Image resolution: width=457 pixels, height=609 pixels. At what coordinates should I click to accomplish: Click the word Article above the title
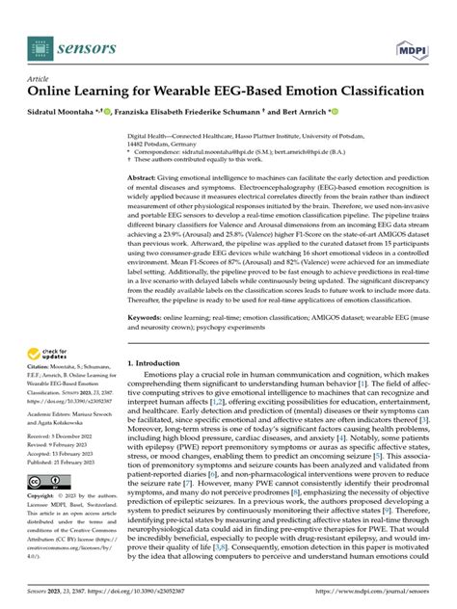[x=37, y=78]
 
